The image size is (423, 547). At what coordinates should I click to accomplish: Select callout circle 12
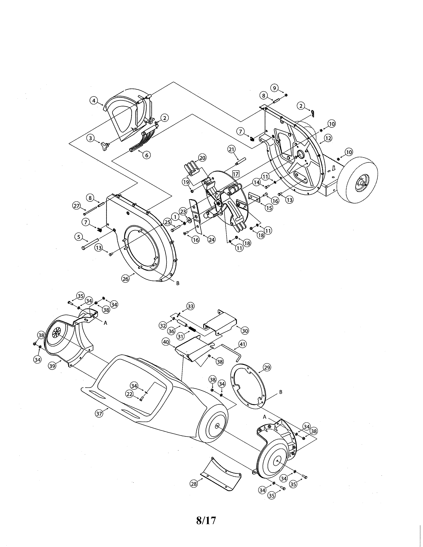coord(328,138)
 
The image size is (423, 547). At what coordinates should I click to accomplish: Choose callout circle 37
coord(99,414)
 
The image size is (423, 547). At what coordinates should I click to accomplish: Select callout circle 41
coord(242,344)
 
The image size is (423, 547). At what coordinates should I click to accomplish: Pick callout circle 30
coord(245,331)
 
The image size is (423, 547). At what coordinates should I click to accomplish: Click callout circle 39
coord(52,365)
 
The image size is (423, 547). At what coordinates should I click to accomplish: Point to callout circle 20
coord(202,158)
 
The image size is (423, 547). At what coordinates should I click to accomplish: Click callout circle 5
coord(79,237)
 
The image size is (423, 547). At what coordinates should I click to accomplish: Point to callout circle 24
coord(211,240)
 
